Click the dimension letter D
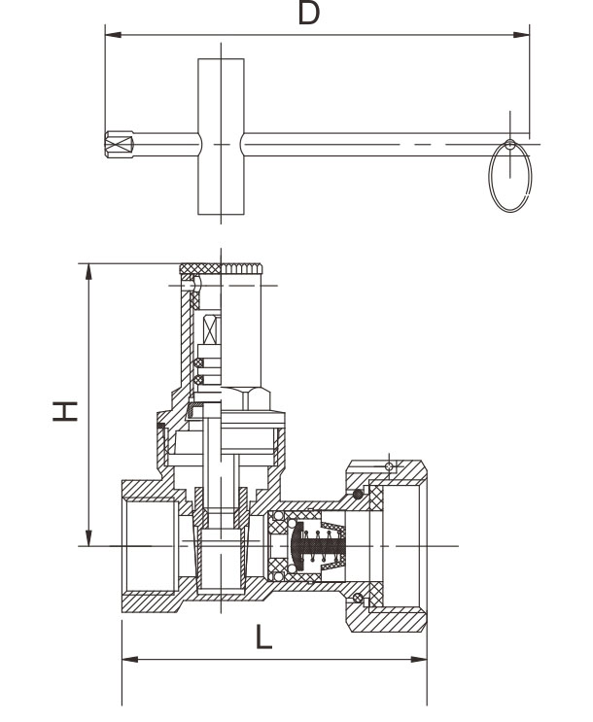pyautogui.click(x=310, y=14)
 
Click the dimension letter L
pyautogui.click(x=263, y=637)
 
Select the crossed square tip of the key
pyautogui.click(x=119, y=145)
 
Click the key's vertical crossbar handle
pyautogui.click(x=222, y=136)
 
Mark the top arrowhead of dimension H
pyautogui.click(x=88, y=269)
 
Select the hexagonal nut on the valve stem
pyautogui.click(x=248, y=398)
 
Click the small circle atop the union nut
pyautogui.click(x=390, y=467)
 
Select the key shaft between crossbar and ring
pyautogui.click(x=369, y=145)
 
